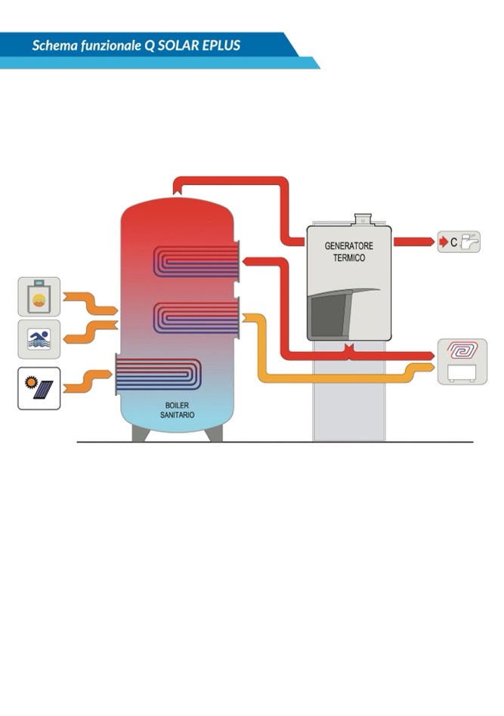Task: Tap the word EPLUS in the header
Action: (221, 45)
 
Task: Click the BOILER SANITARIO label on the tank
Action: (178, 409)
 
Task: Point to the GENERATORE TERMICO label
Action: (348, 252)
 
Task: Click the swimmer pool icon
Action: (39, 339)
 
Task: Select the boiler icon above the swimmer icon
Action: (39, 297)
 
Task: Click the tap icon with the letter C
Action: (459, 242)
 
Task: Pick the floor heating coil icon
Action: (459, 350)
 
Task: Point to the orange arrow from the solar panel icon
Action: (88, 381)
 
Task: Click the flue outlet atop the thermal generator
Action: (363, 219)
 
